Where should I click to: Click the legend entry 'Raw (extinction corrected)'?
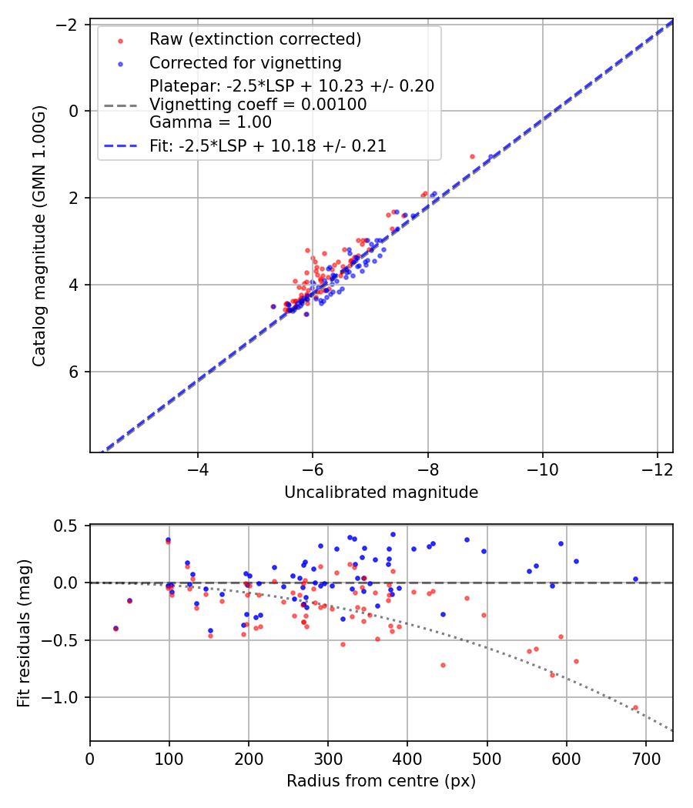pos(255,39)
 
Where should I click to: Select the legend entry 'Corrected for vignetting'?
pos(245,62)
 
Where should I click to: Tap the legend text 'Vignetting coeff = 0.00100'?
pos(258,104)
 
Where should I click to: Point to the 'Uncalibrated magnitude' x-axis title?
pos(381,492)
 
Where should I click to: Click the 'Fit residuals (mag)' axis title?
pos(24,633)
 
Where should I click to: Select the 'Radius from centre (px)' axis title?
pos(381,781)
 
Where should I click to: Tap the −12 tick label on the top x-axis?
pos(657,468)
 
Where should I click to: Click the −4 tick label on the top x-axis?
pos(198,468)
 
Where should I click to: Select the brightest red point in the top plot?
pos(472,156)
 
